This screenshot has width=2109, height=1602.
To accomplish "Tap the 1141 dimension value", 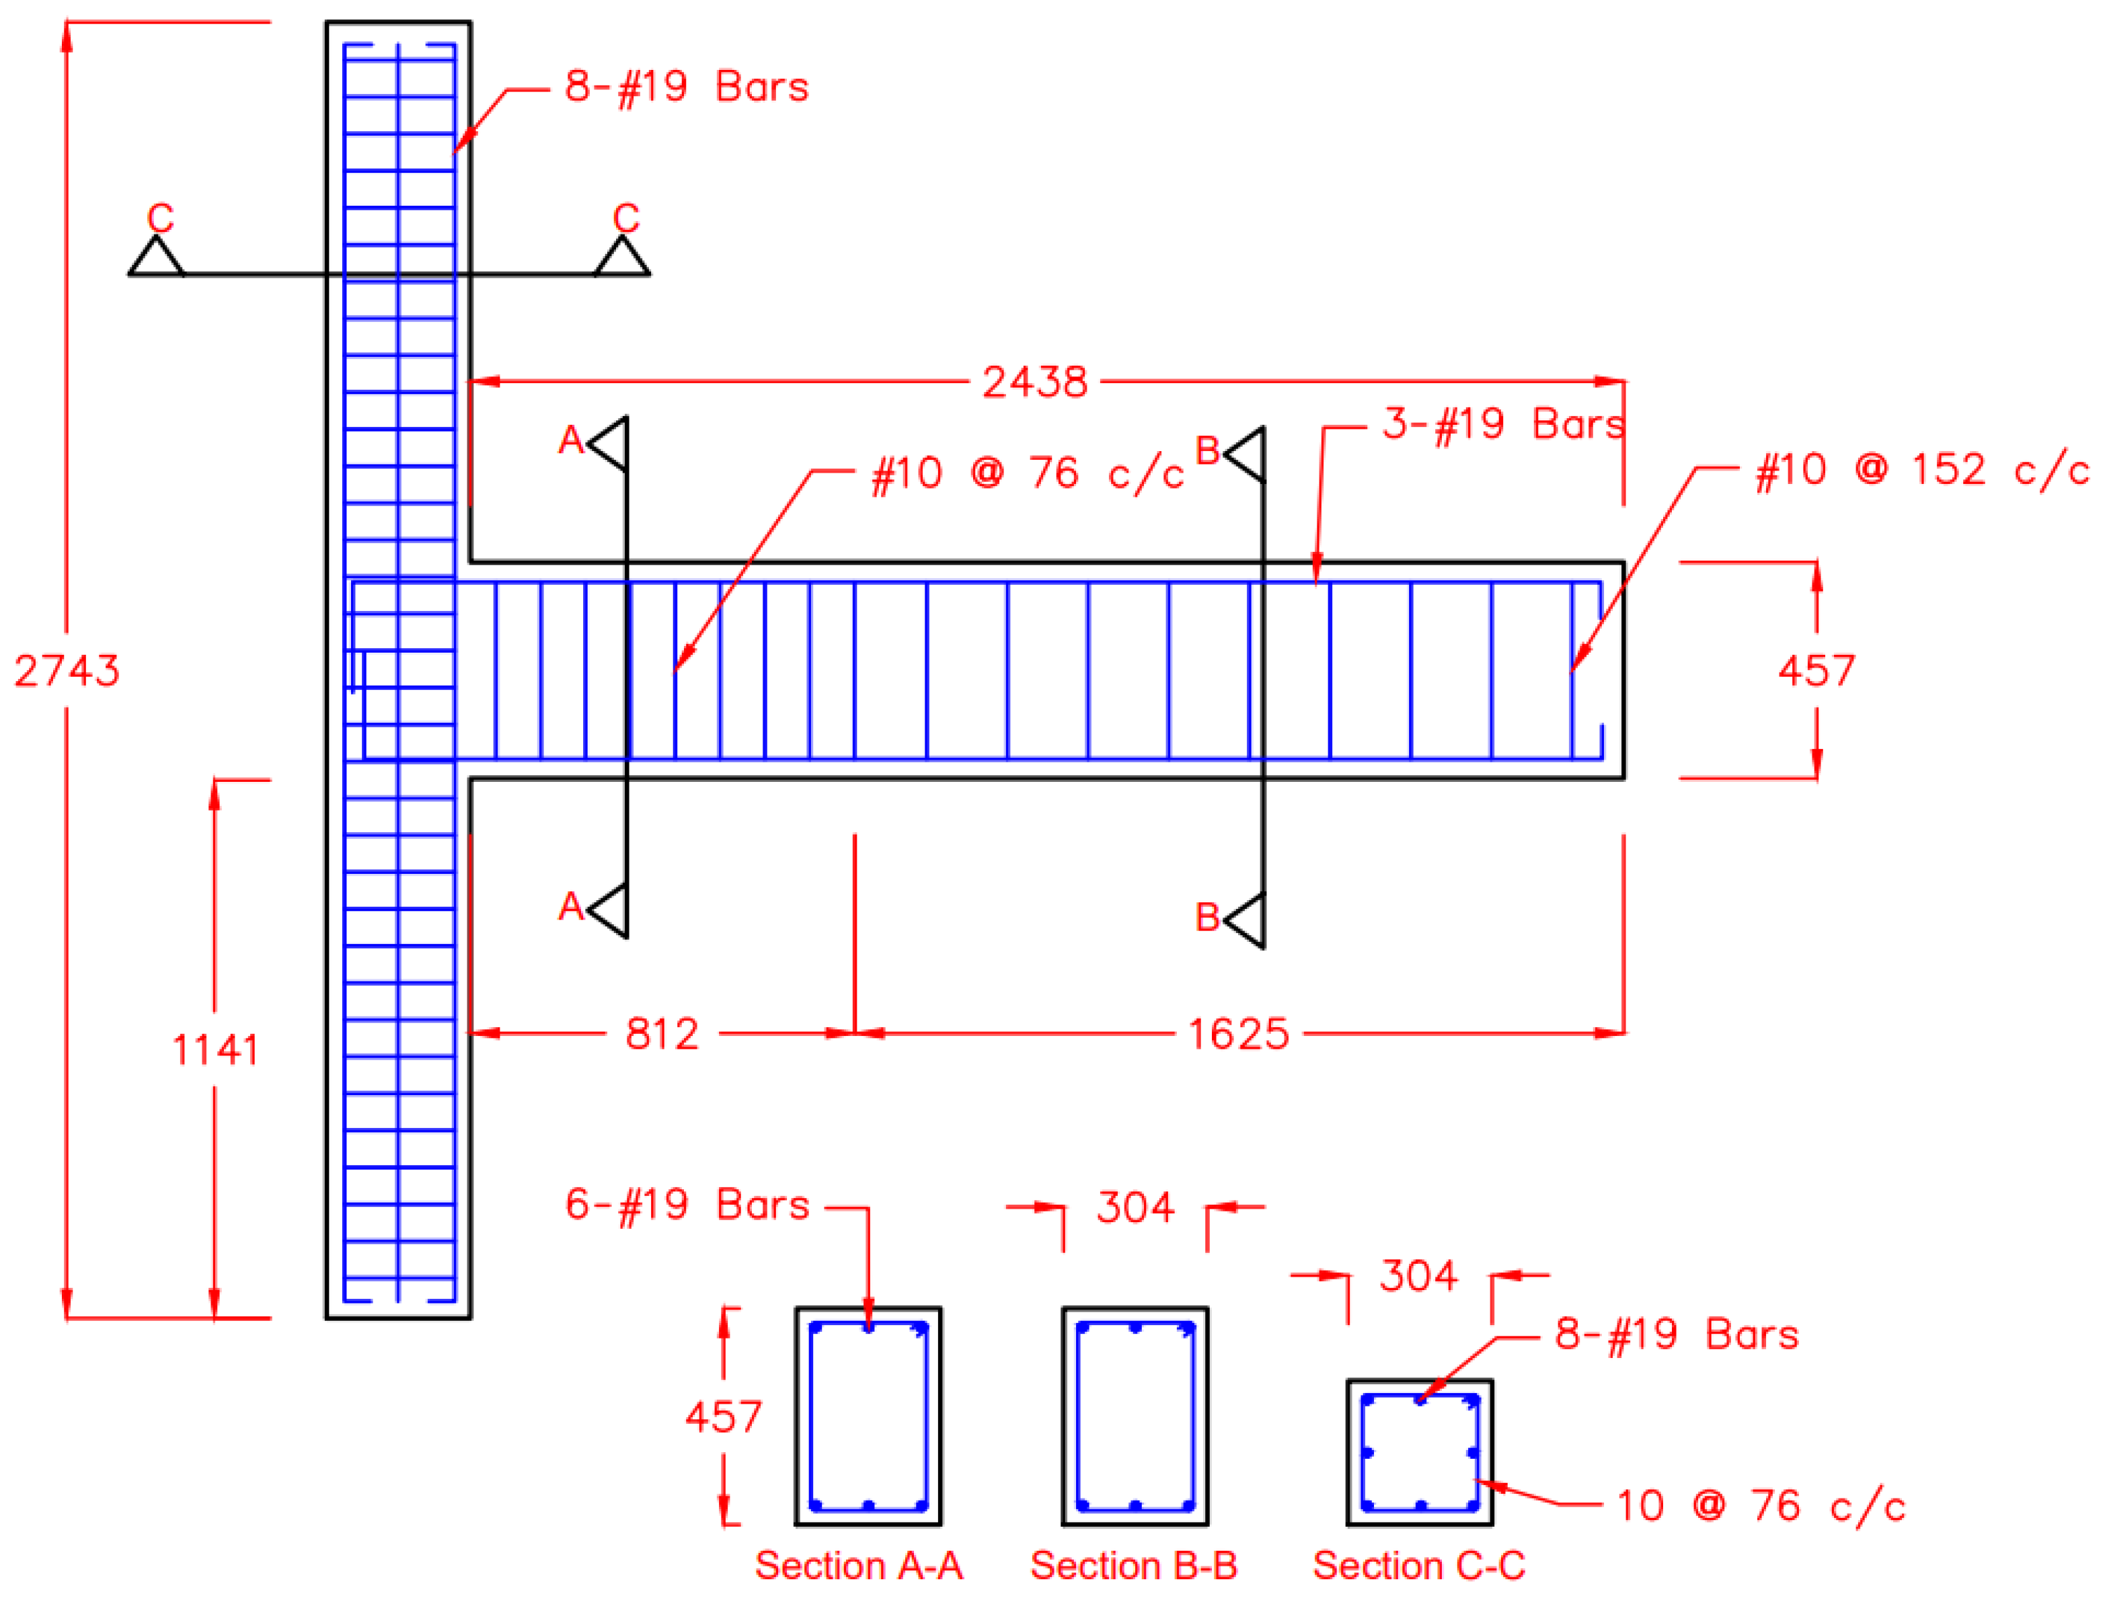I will pos(215,1050).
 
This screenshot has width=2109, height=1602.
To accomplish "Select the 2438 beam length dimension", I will pos(1034,383).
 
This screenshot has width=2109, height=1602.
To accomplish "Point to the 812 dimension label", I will pos(661,1034).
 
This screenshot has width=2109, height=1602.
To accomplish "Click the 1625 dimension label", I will pos(1237,1034).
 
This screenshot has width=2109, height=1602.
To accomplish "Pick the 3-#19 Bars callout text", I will pos(1502,424).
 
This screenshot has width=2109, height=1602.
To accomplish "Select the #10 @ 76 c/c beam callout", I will pos(1028,473).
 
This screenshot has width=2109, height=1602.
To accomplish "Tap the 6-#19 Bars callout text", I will pos(686,1205).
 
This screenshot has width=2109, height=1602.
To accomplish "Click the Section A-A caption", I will pos(859,1566).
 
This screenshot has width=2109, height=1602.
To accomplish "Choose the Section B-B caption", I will pos(1133,1566).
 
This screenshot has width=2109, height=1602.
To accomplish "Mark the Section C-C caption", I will pos(1418,1566).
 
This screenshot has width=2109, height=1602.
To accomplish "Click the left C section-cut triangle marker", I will pos(157,258).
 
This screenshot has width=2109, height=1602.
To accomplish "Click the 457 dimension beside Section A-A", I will pos(723,1417).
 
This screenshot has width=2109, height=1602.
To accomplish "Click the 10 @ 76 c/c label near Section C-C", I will pos(1760,1507).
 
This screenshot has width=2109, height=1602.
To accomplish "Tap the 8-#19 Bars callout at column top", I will pos(686,87).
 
